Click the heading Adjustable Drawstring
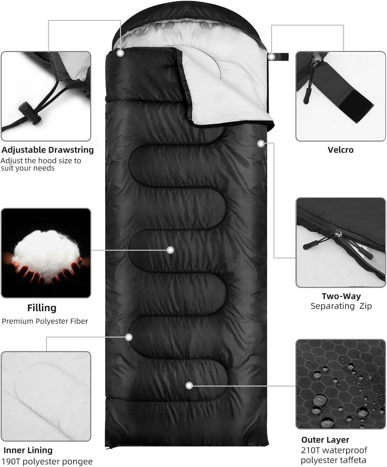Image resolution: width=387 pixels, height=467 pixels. pyautogui.click(x=47, y=150)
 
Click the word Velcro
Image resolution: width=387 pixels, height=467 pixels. pyautogui.click(x=340, y=150)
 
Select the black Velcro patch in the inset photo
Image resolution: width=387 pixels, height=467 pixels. pyautogui.click(x=356, y=106)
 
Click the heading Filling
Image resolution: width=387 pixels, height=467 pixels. pyautogui.click(x=42, y=308)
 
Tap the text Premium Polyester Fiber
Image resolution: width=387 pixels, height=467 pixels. pyautogui.click(x=45, y=321)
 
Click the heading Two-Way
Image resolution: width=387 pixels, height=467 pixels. pyautogui.click(x=341, y=296)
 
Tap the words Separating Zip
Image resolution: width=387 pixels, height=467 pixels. pyautogui.click(x=341, y=306)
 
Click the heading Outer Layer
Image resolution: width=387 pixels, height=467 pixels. pyautogui.click(x=325, y=440)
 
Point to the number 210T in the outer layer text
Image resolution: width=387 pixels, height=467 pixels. pyautogui.click(x=310, y=450)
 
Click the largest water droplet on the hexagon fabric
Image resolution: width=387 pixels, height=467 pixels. pyautogui.click(x=320, y=400)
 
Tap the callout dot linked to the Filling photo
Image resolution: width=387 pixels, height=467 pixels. pyautogui.click(x=170, y=250)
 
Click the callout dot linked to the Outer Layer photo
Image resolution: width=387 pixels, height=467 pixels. pyautogui.click(x=189, y=386)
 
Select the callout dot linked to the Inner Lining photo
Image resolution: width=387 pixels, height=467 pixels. pyautogui.click(x=129, y=337)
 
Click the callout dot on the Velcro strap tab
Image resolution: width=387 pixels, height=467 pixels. pyautogui.click(x=271, y=57)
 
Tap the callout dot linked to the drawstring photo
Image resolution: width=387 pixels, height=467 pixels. pyautogui.click(x=120, y=53)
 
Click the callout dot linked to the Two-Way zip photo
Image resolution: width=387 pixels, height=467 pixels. pyautogui.click(x=261, y=144)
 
